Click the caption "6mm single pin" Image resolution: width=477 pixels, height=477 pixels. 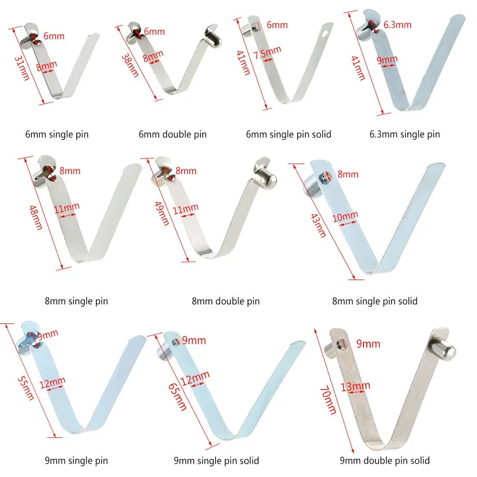tap(57, 135)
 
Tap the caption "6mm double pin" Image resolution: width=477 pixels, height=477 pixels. tap(173, 135)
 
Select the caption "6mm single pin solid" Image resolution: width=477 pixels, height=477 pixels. tap(289, 135)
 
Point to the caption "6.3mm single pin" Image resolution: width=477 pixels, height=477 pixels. tap(404, 135)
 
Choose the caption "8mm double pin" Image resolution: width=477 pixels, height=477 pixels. tap(226, 301)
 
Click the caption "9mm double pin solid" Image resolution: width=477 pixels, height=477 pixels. tap(384, 461)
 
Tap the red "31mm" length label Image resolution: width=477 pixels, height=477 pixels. tap(22, 68)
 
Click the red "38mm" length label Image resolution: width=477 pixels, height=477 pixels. tap(130, 65)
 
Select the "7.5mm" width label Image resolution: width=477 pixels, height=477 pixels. tap(268, 52)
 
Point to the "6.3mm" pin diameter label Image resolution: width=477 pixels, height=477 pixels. tap(397, 25)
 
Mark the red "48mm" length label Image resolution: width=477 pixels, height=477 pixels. tap(36, 217)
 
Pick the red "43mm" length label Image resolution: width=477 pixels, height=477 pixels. tap(318, 226)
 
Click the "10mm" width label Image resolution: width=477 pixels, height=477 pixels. tap(345, 217)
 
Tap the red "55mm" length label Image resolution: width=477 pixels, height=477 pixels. tap(26, 388)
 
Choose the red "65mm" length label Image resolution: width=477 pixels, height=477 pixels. tap(177, 397)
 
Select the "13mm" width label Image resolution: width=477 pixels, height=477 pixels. tap(355, 387)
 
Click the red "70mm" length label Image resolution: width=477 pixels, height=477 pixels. tap(328, 400)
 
